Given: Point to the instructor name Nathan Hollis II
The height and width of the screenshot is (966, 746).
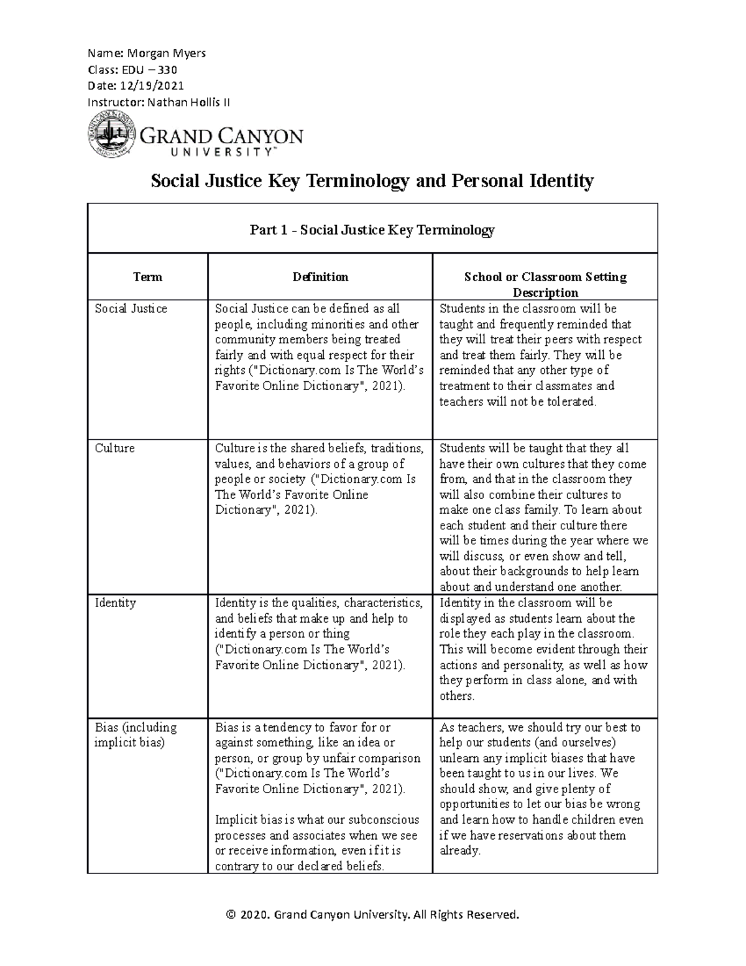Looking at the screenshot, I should pyautogui.click(x=188, y=102).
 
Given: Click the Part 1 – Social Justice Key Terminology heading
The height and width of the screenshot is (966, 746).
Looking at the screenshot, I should pyautogui.click(x=372, y=230).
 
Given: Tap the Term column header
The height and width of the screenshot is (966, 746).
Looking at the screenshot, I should pyautogui.click(x=147, y=277).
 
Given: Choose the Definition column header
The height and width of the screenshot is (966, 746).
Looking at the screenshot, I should pyautogui.click(x=320, y=277).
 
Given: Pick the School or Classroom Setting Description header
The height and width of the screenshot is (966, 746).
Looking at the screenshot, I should pyautogui.click(x=545, y=284).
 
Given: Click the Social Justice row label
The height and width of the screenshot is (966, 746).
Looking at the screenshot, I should pyautogui.click(x=131, y=309).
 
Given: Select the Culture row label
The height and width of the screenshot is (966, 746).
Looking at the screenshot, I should pyautogui.click(x=115, y=448).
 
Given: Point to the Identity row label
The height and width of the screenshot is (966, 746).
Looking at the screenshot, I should pyautogui.click(x=116, y=603).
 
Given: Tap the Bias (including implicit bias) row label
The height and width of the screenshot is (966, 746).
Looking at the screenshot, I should pyautogui.click(x=136, y=735).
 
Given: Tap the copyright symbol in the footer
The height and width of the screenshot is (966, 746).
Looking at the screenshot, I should pyautogui.click(x=232, y=914).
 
